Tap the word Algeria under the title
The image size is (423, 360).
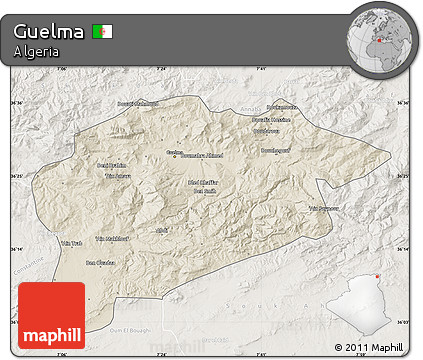pos(36,52)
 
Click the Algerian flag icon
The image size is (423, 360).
pos(103,31)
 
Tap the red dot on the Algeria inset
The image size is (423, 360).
pos(378,277)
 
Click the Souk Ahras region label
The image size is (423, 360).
pos(318,298)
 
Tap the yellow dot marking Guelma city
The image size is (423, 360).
pos(174,156)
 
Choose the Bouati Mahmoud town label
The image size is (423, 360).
pos(110,103)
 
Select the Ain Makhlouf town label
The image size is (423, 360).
pos(112,238)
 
